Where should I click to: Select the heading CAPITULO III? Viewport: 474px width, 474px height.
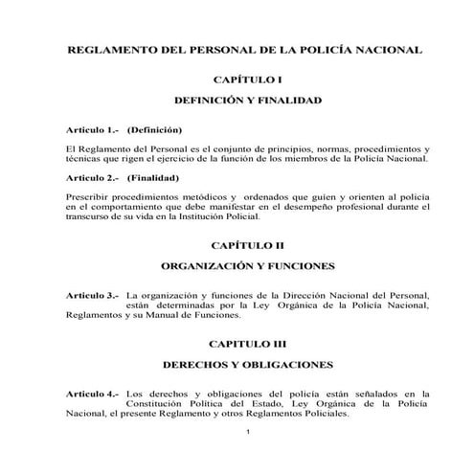tap(247, 341)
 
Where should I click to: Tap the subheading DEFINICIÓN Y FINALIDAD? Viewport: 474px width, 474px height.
tap(247, 100)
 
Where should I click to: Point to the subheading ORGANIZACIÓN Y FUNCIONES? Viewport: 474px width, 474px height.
tap(247, 266)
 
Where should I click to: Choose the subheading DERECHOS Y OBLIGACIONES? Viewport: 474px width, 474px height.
tap(247, 365)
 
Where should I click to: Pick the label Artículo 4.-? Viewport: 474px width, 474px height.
tap(91, 393)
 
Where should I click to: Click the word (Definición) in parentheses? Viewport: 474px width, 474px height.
tap(154, 128)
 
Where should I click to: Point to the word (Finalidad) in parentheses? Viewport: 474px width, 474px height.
tap(153, 177)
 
